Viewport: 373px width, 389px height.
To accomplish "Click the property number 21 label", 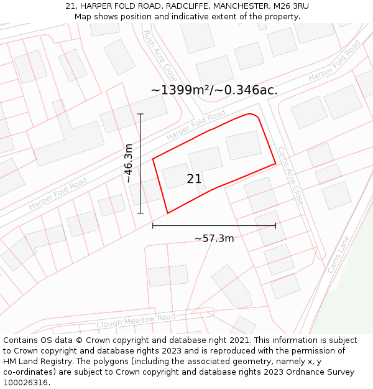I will (x=194, y=179).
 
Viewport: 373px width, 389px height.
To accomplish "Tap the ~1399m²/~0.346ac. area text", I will (x=214, y=90).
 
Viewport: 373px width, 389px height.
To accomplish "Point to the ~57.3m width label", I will (x=214, y=238).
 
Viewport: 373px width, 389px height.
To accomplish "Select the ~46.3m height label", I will (x=128, y=163).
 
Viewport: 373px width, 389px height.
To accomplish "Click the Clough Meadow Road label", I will (x=136, y=321).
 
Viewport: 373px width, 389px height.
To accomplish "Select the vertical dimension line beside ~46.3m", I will (x=140, y=163).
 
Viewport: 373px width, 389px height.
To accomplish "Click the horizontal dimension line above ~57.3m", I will (x=214, y=225).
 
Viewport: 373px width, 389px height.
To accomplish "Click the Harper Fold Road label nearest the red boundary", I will (x=196, y=125).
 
